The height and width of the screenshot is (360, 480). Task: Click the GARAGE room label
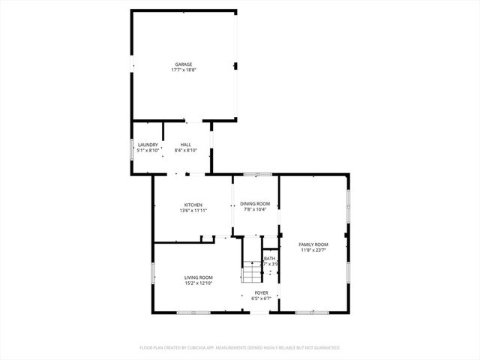pyautogui.click(x=184, y=64)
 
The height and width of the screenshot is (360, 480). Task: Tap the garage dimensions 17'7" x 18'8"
pyautogui.click(x=184, y=70)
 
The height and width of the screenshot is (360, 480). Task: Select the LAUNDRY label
pyautogui.click(x=147, y=145)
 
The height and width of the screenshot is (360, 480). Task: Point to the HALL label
pyautogui.click(x=185, y=145)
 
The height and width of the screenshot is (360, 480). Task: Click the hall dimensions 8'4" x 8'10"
pyautogui.click(x=185, y=151)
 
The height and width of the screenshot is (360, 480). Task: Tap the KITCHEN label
pyautogui.click(x=193, y=205)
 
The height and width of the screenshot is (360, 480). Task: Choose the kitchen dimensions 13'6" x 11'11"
pyautogui.click(x=193, y=211)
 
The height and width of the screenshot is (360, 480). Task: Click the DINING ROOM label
pyautogui.click(x=255, y=204)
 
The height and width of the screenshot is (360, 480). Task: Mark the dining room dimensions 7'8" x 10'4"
pyautogui.click(x=255, y=210)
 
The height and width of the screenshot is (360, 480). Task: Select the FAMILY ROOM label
pyautogui.click(x=313, y=244)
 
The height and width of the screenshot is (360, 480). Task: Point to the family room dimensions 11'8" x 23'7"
pyautogui.click(x=313, y=250)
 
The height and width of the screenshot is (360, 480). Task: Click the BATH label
pyautogui.click(x=269, y=259)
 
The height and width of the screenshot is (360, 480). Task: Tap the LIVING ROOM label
pyautogui.click(x=199, y=277)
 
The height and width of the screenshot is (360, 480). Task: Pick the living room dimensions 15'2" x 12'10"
pyautogui.click(x=199, y=283)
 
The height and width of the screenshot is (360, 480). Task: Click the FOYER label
pyautogui.click(x=261, y=292)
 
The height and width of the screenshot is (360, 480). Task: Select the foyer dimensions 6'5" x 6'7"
pyautogui.click(x=261, y=298)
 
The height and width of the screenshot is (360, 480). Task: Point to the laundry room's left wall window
pyautogui.click(x=133, y=148)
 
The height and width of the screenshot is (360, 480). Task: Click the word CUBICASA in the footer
pyautogui.click(x=201, y=348)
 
